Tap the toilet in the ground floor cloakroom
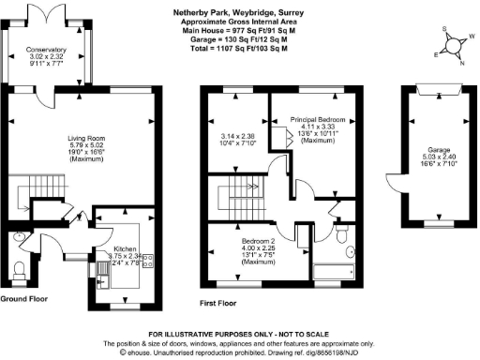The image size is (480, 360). coord(19,271)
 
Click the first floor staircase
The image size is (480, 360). coord(239,197)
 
